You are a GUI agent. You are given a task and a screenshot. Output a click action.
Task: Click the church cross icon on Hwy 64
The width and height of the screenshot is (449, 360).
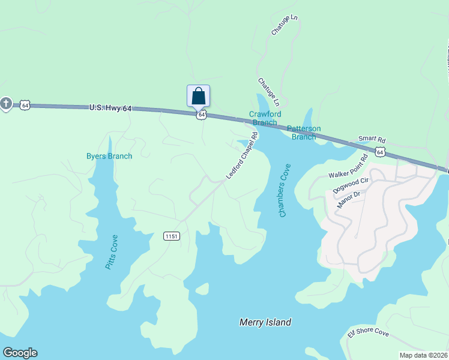click(6, 104)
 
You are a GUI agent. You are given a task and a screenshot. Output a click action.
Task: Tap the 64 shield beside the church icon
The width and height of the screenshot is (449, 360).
click(25, 105)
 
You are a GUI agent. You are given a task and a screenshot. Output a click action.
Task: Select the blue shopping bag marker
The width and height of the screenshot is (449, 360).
click(199, 96)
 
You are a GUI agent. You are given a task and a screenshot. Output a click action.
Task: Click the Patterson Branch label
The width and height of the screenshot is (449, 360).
click(304, 132)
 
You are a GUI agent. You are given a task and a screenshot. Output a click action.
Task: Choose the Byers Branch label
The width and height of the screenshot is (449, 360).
click(109, 157)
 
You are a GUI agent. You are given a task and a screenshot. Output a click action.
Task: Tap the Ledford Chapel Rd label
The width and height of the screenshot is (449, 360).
click(242, 155)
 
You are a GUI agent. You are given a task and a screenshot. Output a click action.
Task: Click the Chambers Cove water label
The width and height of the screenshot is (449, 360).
click(285, 190)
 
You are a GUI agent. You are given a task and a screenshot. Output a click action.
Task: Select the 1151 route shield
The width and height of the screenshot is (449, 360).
click(171, 236)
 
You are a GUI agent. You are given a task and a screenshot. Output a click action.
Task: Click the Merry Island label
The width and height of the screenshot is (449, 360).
click(265, 322)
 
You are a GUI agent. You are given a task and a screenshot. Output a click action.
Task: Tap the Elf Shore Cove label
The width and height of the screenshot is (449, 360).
click(369, 334)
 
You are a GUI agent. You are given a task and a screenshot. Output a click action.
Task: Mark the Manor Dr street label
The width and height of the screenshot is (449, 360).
click(348, 199)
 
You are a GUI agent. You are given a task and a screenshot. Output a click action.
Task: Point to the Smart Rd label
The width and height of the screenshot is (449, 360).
click(372, 140)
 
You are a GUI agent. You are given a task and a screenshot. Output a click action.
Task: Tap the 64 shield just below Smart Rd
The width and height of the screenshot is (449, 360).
click(381, 152)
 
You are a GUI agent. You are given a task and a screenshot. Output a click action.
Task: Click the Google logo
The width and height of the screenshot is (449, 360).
click(20, 353)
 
